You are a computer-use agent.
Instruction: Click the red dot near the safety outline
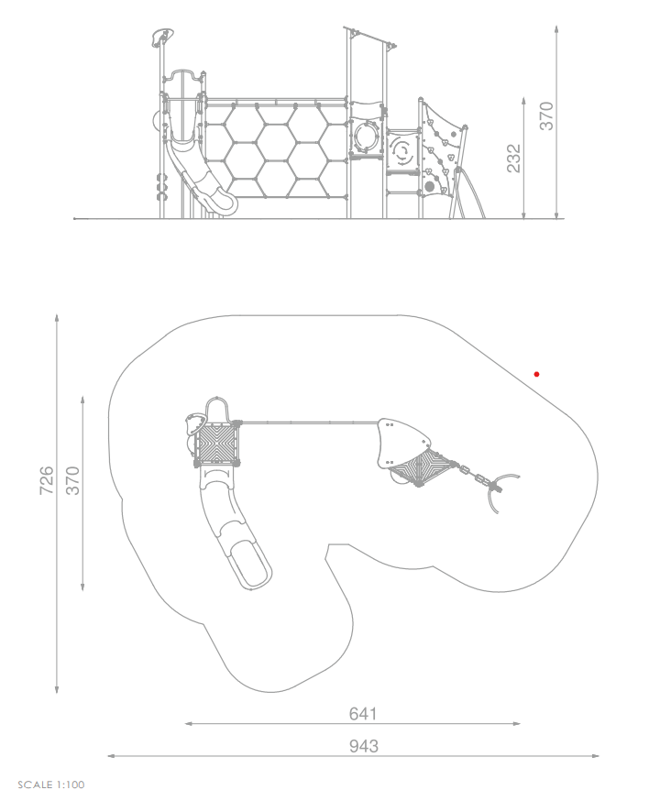coord(536,374)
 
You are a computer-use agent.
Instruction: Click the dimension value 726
coord(47,480)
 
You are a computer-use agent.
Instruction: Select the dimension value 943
coord(364,746)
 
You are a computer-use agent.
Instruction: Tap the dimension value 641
coord(363,713)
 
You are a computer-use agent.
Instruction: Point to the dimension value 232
coord(513,159)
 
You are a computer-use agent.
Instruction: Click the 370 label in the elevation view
coord(546,115)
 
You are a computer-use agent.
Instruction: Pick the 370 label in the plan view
coord(73,480)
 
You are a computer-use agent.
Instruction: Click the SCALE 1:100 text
coord(51,784)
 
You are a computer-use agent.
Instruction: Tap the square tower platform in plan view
coord(215,444)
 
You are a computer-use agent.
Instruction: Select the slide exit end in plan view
coord(250,565)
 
